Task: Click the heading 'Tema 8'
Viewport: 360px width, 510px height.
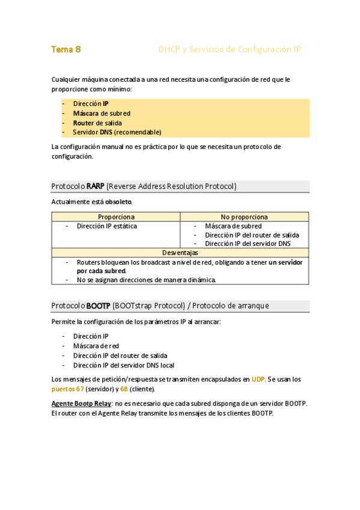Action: tap(66, 49)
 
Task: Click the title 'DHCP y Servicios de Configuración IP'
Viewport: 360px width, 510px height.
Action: tap(229, 49)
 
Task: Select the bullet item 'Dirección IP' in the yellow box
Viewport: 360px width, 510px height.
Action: tap(91, 103)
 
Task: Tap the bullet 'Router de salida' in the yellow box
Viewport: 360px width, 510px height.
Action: tap(97, 123)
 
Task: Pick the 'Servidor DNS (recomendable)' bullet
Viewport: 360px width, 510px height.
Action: tap(117, 132)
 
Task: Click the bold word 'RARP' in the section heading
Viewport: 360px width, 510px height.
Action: tap(96, 186)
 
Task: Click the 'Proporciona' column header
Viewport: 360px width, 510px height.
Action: tap(116, 217)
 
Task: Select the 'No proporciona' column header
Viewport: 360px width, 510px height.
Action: tap(244, 217)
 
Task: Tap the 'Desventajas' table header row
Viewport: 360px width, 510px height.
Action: tap(180, 253)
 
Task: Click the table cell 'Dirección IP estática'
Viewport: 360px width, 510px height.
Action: tap(106, 226)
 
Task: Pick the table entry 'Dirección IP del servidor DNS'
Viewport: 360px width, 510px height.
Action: tap(248, 244)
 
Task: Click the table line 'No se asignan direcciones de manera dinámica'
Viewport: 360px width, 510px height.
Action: tap(146, 280)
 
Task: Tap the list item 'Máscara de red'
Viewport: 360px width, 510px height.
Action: tap(96, 346)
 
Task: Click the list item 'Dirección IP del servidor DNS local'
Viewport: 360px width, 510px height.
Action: tap(123, 365)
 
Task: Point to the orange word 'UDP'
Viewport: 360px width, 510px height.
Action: tap(258, 379)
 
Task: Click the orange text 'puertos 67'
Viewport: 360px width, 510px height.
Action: tap(67, 389)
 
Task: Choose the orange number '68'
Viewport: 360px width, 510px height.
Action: tap(124, 389)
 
